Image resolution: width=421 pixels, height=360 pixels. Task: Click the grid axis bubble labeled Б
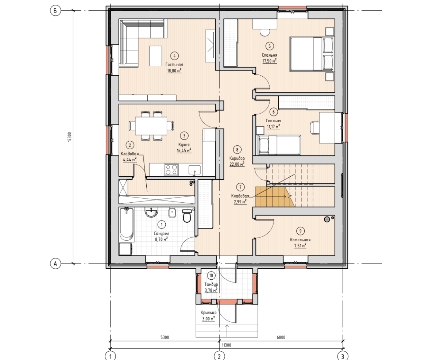[55, 11]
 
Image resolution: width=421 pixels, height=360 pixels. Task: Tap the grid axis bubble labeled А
[55, 264]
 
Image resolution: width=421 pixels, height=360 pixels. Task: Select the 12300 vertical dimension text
[70, 137]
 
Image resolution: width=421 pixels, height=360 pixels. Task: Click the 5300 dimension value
[165, 337]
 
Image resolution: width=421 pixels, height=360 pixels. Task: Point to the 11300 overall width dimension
[226, 345]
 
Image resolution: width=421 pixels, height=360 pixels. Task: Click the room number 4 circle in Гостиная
[174, 56]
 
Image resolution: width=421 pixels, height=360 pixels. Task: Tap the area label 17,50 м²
[270, 61]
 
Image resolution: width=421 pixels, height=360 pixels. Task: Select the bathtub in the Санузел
[127, 224]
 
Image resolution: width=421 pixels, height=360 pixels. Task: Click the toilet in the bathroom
[187, 216]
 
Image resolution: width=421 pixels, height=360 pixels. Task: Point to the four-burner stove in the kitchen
[171, 170]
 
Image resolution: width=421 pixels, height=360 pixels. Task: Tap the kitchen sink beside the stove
[194, 170]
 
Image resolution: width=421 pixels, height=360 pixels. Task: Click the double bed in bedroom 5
[312, 54]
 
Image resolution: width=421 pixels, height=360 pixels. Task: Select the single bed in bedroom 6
[279, 145]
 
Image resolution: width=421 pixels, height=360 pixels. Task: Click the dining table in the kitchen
[151, 126]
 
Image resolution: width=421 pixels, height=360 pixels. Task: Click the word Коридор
[237, 158]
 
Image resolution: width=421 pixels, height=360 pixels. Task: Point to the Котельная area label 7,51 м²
[300, 246]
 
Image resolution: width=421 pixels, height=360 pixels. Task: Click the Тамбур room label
[211, 284]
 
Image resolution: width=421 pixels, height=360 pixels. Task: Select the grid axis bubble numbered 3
[342, 356]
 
